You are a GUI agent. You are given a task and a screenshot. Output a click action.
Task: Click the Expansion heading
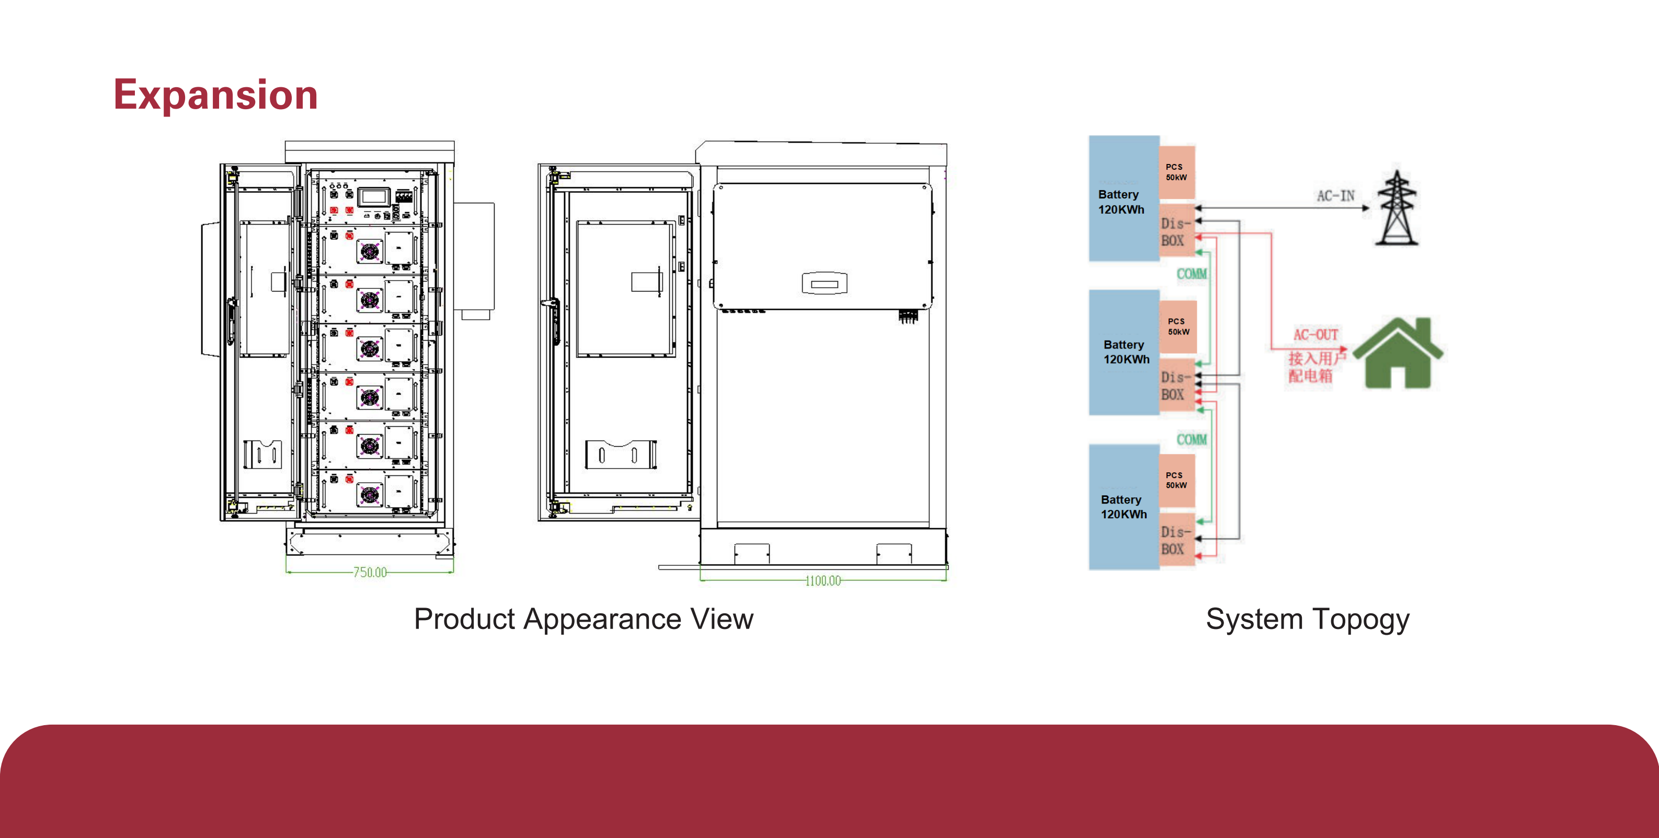click(216, 95)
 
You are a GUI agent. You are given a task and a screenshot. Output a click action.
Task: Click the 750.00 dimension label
click(370, 572)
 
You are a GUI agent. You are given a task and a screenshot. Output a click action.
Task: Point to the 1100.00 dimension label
click(822, 580)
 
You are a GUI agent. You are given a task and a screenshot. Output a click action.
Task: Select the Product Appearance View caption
click(583, 619)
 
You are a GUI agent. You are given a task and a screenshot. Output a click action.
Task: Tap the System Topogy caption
click(1307, 619)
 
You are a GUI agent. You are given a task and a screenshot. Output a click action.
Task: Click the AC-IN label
click(1335, 196)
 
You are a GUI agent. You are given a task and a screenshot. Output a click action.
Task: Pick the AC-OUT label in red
click(1315, 335)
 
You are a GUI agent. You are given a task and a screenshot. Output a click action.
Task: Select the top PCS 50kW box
click(1176, 172)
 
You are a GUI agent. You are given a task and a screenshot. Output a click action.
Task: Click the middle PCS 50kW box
click(1178, 327)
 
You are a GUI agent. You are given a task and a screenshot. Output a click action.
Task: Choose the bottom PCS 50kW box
click(1176, 480)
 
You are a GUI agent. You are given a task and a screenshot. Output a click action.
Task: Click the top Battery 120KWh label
click(1120, 202)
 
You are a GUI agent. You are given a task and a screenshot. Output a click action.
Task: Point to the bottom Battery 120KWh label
click(1123, 507)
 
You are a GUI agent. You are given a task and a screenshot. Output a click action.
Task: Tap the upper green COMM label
click(1192, 274)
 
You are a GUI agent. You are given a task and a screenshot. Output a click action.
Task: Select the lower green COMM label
click(1192, 439)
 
